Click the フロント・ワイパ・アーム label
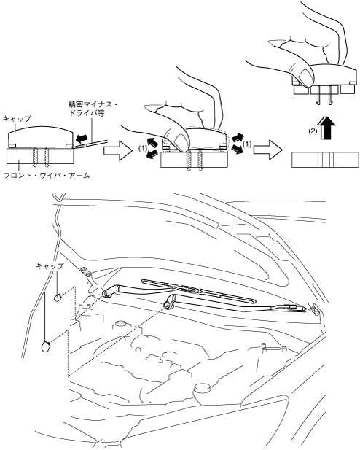47,175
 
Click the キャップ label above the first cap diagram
17,119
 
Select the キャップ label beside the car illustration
49,266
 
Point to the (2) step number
313,131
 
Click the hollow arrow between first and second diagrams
117,150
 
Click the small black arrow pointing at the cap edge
82,139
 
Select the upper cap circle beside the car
58,298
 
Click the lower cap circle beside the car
46,346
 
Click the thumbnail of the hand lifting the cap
303,77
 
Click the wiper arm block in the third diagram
325,160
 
